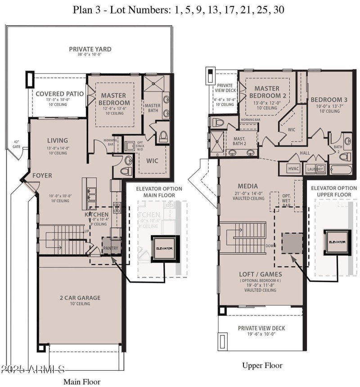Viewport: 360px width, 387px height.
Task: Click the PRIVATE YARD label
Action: pyautogui.click(x=90, y=49)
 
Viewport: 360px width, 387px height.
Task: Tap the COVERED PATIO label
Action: pyautogui.click(x=59, y=94)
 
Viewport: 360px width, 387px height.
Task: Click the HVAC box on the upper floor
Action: pyautogui.click(x=293, y=168)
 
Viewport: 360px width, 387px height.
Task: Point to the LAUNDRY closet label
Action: pyautogui.click(x=315, y=169)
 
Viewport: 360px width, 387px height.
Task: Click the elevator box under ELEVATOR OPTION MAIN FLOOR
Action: pyautogui.click(x=165, y=248)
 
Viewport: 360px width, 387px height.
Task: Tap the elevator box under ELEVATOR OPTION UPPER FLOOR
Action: pyautogui.click(x=337, y=242)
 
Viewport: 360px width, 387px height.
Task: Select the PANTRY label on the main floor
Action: pyautogui.click(x=110, y=248)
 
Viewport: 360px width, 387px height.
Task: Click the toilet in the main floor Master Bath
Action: pyautogui.click(x=163, y=136)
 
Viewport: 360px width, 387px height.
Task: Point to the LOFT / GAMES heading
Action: pyautogui.click(x=261, y=274)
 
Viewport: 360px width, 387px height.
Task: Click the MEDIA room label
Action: pyautogui.click(x=247, y=186)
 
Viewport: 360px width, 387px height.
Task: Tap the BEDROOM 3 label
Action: pyautogui.click(x=328, y=100)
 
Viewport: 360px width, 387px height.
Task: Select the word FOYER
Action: pyautogui.click(x=42, y=175)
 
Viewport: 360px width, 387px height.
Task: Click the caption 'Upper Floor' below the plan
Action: pyautogui.click(x=262, y=365)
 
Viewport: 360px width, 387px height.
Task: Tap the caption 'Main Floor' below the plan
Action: pyautogui.click(x=81, y=381)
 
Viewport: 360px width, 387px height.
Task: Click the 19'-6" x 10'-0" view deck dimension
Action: pyautogui.click(x=261, y=335)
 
